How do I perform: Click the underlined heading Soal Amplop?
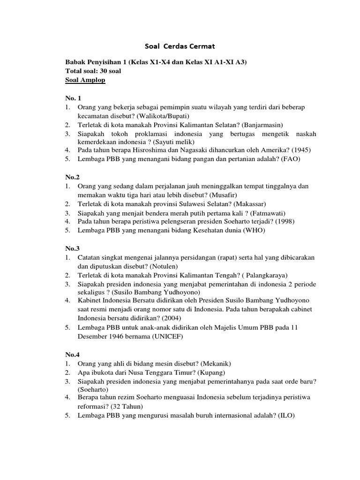[x=85, y=80]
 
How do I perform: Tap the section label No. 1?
[x=74, y=98]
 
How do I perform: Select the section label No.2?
[x=73, y=177]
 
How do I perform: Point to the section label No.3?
[x=73, y=248]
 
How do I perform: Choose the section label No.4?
[x=73, y=354]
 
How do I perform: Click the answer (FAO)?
[x=291, y=159]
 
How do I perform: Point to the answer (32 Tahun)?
[x=126, y=406]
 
